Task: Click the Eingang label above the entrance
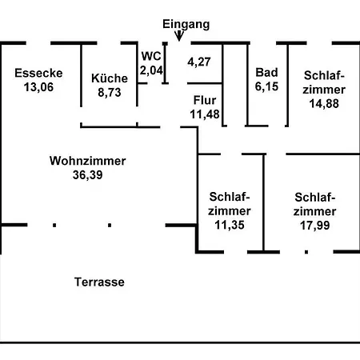tap(186, 25)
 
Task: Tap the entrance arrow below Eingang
tap(179, 36)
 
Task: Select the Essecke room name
tap(38, 73)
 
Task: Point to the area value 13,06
tap(38, 87)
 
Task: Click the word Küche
tap(110, 78)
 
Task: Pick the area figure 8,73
tap(110, 93)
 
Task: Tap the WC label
tap(151, 56)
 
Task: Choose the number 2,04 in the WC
tap(151, 70)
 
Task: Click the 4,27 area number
tap(199, 62)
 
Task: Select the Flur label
tap(205, 100)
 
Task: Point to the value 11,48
tap(205, 114)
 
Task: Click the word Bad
tap(266, 72)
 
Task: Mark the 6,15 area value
tap(266, 86)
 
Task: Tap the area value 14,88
tap(324, 103)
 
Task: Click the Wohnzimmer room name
tap(88, 161)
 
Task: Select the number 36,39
tap(88, 175)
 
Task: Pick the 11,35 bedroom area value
tap(230, 225)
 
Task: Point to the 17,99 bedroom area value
tap(315, 226)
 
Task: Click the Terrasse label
tap(99, 282)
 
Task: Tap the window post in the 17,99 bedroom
tap(306, 252)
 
